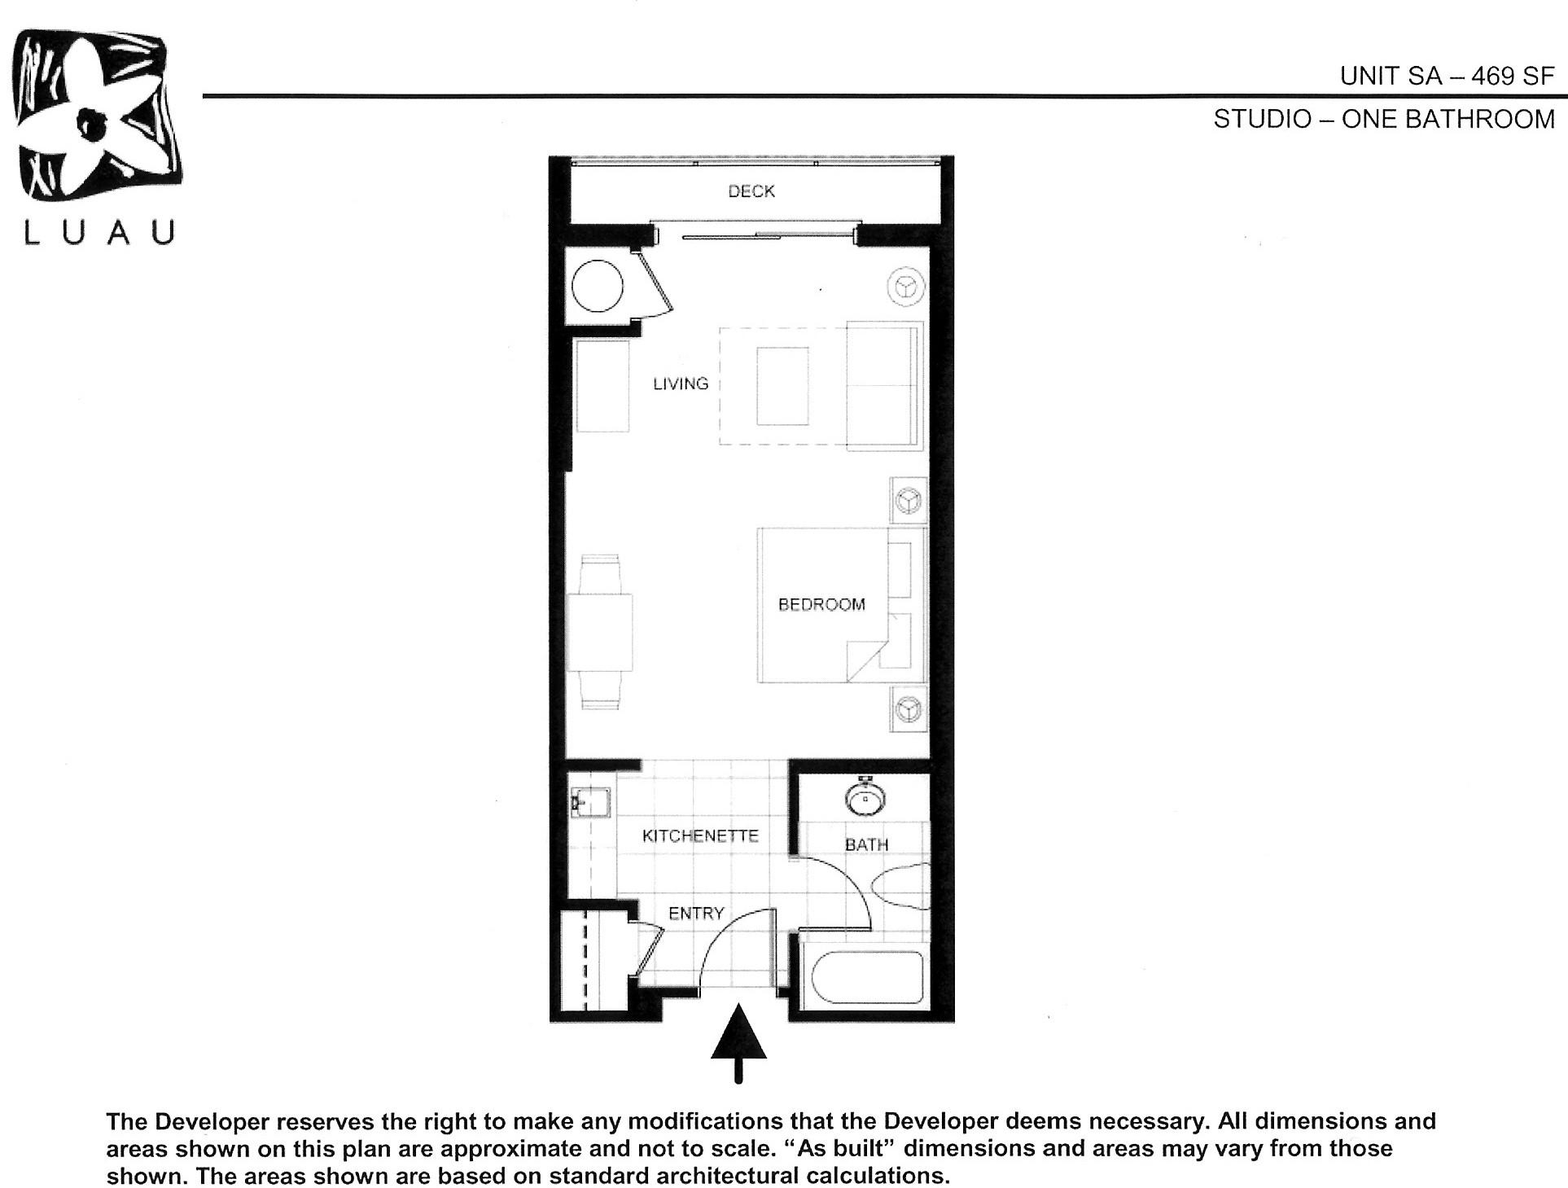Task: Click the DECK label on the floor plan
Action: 751,191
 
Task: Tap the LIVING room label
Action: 681,384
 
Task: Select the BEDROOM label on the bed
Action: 821,604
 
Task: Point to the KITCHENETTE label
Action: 700,836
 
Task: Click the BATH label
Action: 866,845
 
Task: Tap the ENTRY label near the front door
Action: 696,914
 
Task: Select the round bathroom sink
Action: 866,798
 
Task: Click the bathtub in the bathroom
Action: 863,977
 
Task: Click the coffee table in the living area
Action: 782,385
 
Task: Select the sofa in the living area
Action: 883,385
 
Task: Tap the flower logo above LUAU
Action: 96,114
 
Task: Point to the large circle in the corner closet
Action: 598,286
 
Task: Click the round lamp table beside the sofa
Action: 905,287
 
